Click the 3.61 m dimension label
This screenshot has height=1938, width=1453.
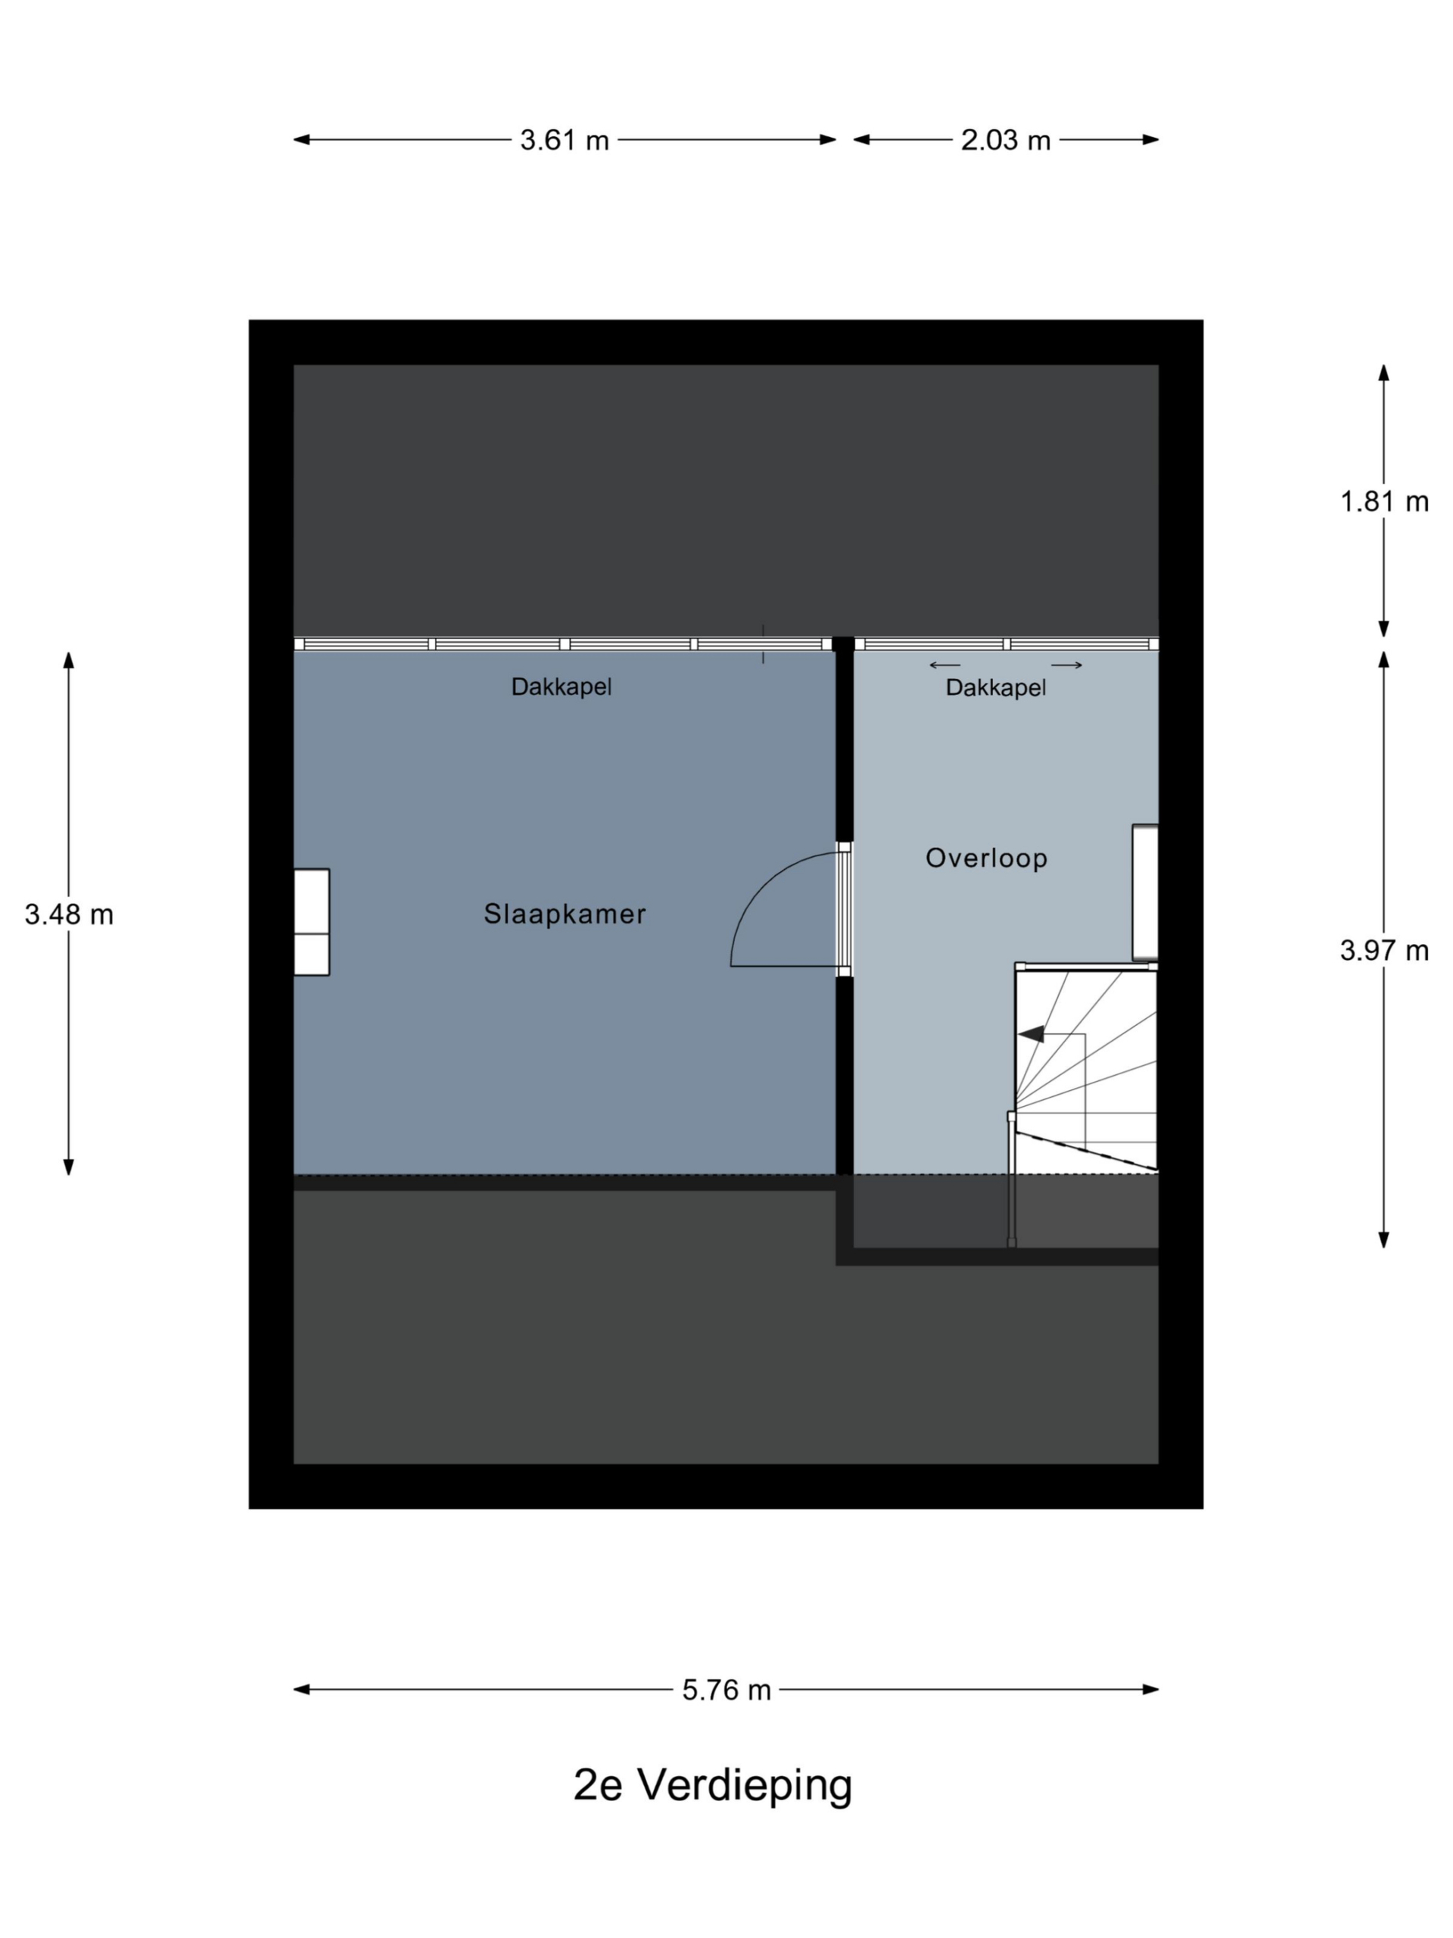click(564, 140)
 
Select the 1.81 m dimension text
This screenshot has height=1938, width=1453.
click(1384, 501)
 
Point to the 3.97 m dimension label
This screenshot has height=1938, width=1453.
click(1384, 950)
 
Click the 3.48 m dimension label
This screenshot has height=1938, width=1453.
click(68, 914)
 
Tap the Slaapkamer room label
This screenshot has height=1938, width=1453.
click(565, 914)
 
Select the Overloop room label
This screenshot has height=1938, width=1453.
click(986, 858)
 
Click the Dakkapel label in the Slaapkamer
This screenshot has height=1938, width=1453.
click(562, 687)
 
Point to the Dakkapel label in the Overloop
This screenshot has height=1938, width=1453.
click(996, 687)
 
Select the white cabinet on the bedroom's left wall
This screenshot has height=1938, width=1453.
click(311, 922)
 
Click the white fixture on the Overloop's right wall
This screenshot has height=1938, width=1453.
click(1145, 892)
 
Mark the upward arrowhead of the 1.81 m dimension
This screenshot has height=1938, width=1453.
click(1384, 372)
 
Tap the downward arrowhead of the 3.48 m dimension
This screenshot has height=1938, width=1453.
click(68, 1167)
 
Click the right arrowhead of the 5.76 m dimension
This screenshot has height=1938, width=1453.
click(1150, 1690)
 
